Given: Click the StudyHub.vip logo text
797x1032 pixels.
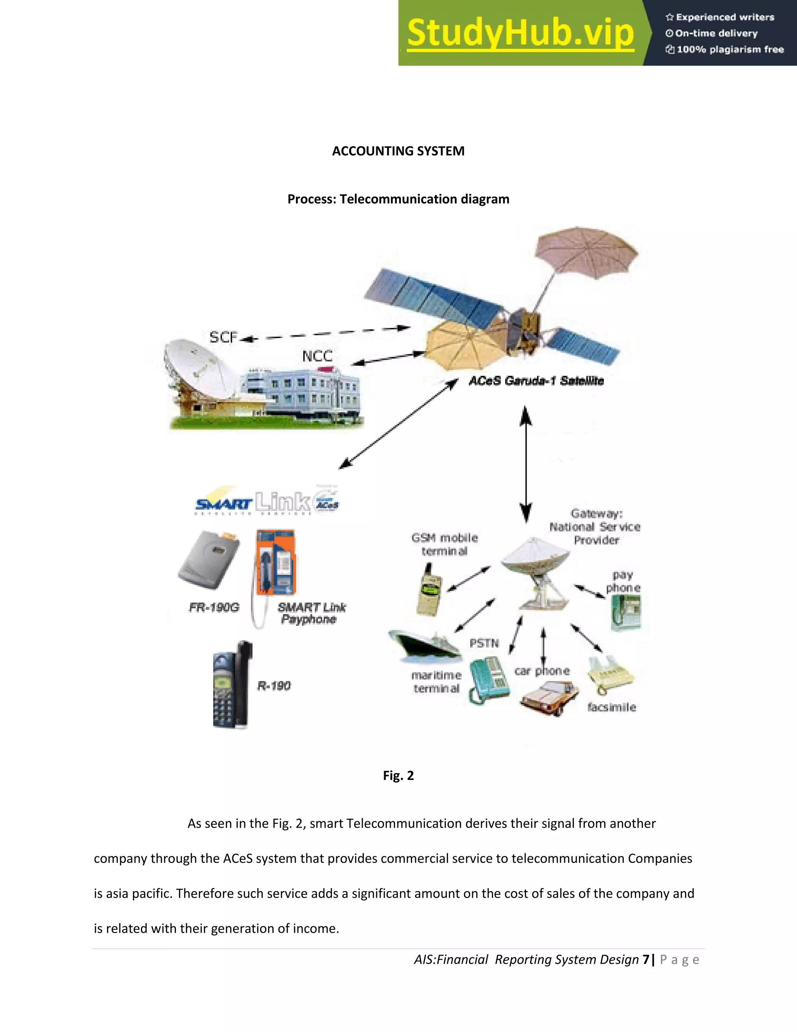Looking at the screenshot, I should (520, 33).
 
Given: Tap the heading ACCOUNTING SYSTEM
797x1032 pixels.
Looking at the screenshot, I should (398, 151).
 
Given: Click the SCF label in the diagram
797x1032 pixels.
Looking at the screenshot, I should (223, 337).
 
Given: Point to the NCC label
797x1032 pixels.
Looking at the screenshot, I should (317, 356).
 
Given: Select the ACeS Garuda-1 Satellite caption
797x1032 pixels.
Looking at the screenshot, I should (536, 381).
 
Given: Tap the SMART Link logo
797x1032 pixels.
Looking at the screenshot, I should (267, 501).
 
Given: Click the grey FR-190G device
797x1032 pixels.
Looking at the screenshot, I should (209, 560).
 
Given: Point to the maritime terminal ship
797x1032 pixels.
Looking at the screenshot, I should (425, 645).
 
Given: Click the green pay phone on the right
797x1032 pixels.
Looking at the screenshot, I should (626, 612).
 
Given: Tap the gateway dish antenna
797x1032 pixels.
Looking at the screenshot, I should (536, 572).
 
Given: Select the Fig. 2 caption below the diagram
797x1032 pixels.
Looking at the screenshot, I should (398, 775).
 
